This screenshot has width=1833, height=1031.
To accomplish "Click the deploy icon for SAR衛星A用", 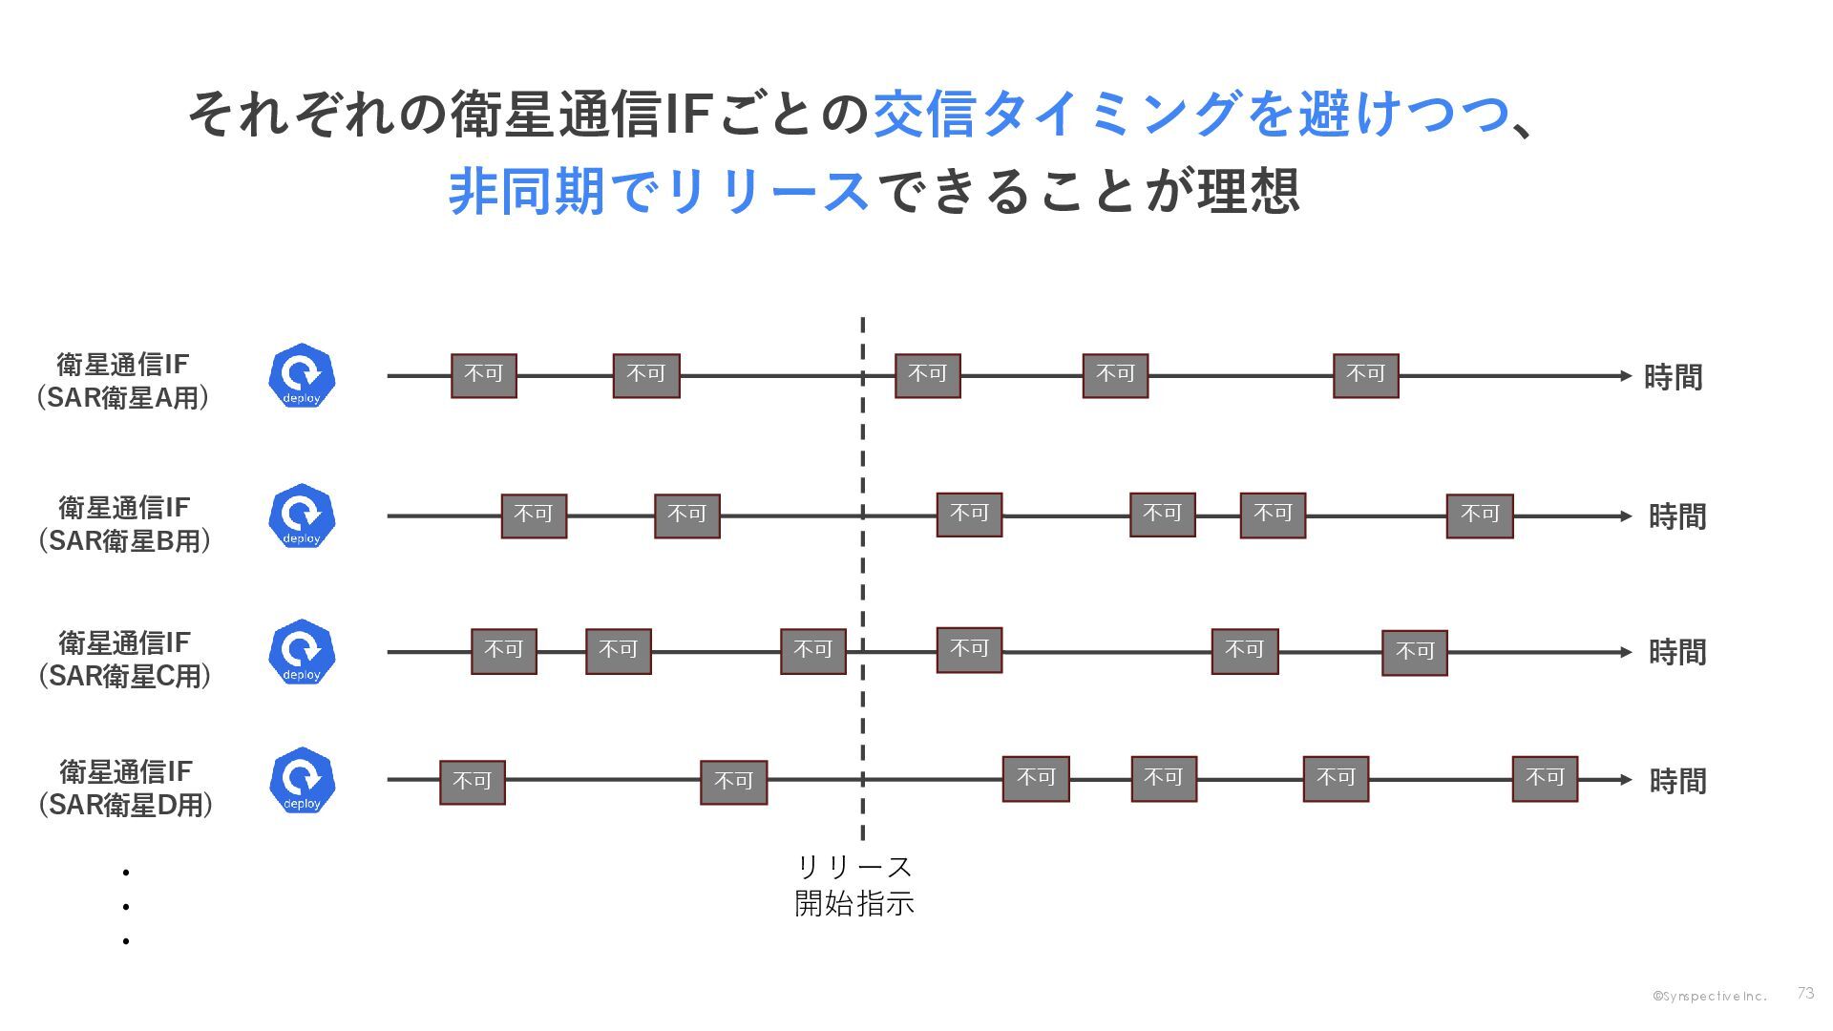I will [x=302, y=376].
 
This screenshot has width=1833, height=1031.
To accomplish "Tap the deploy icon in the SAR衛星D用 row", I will [x=302, y=780].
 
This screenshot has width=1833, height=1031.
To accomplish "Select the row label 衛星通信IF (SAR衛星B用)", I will [x=124, y=523].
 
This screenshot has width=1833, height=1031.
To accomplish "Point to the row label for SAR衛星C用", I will [x=124, y=659].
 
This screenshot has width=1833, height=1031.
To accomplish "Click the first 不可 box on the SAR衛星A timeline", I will [x=484, y=375].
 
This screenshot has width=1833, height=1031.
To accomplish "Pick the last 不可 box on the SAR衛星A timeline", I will [x=1365, y=375].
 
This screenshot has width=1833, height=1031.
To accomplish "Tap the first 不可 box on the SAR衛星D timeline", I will [x=472, y=782].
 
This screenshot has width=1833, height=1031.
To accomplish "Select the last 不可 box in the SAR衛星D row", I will [x=1545, y=779].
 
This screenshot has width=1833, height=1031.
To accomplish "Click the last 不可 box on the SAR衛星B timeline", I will [x=1480, y=515].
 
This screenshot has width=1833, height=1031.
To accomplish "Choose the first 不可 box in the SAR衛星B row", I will [x=534, y=515].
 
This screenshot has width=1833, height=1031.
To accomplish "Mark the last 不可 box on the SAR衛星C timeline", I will [x=1415, y=652].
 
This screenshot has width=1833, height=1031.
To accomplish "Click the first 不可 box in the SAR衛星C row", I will [x=504, y=651].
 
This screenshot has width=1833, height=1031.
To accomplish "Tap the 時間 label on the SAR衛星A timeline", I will [x=1673, y=377].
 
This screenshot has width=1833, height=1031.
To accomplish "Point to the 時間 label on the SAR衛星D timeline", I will [x=1677, y=781].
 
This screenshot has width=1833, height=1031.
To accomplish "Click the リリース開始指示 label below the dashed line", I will [x=854, y=885].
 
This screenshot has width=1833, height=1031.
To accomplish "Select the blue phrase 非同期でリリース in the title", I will [x=659, y=190].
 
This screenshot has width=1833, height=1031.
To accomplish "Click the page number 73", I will [x=1804, y=993].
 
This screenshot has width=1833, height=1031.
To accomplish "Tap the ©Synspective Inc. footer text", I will [x=1710, y=996].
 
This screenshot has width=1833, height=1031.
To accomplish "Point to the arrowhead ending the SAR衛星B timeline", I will [x=1626, y=516].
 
